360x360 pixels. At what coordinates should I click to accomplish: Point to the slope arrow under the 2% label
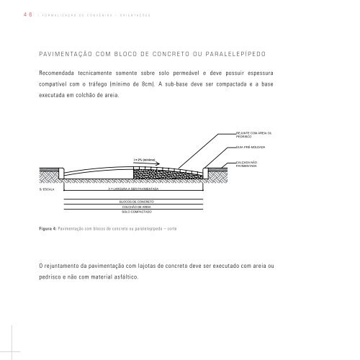coord(151,165)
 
